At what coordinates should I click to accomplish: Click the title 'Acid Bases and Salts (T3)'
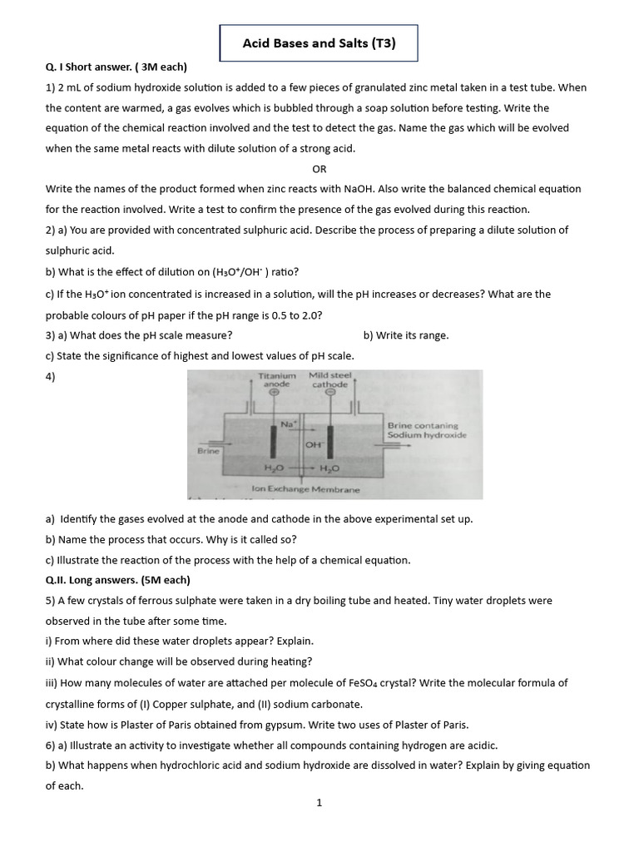pos(319,43)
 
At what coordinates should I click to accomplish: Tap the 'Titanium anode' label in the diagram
pos(276,380)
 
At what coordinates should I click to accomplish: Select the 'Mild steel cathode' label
pos(329,380)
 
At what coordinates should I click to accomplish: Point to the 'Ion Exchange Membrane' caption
pos(305,489)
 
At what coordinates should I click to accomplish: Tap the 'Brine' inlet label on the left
pos(207,450)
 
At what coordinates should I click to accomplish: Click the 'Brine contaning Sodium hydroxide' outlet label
pos(427,430)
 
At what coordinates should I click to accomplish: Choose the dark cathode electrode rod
pos(329,441)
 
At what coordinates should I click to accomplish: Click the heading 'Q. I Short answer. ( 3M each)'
pos(116,67)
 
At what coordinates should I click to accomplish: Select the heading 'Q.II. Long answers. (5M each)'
pos(118,580)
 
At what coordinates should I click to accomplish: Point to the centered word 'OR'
pos(319,169)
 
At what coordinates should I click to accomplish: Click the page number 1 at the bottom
pos(319,802)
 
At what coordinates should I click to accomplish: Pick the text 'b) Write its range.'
pos(406,335)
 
